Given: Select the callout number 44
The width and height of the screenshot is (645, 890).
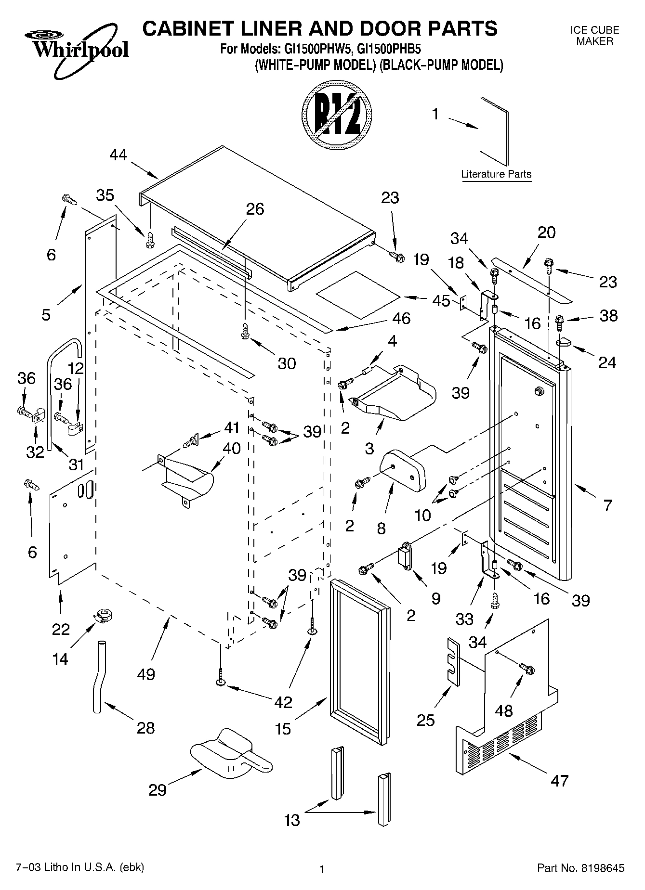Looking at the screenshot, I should (x=118, y=155).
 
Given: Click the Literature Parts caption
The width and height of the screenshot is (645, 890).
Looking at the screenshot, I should (x=496, y=174).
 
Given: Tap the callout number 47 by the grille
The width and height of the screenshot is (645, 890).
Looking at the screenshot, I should (x=559, y=780).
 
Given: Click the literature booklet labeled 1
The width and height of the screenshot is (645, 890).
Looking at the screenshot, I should (x=494, y=131).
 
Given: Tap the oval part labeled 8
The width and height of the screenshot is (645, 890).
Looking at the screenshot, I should (x=403, y=469).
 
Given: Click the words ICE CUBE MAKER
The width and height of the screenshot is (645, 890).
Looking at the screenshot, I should (x=594, y=36).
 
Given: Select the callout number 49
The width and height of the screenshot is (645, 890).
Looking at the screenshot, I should (x=146, y=674).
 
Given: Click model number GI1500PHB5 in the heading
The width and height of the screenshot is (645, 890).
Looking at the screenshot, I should (x=389, y=49).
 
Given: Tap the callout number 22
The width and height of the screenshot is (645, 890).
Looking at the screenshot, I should (x=61, y=629).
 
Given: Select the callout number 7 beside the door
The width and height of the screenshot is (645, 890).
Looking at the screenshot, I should (x=607, y=505).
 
